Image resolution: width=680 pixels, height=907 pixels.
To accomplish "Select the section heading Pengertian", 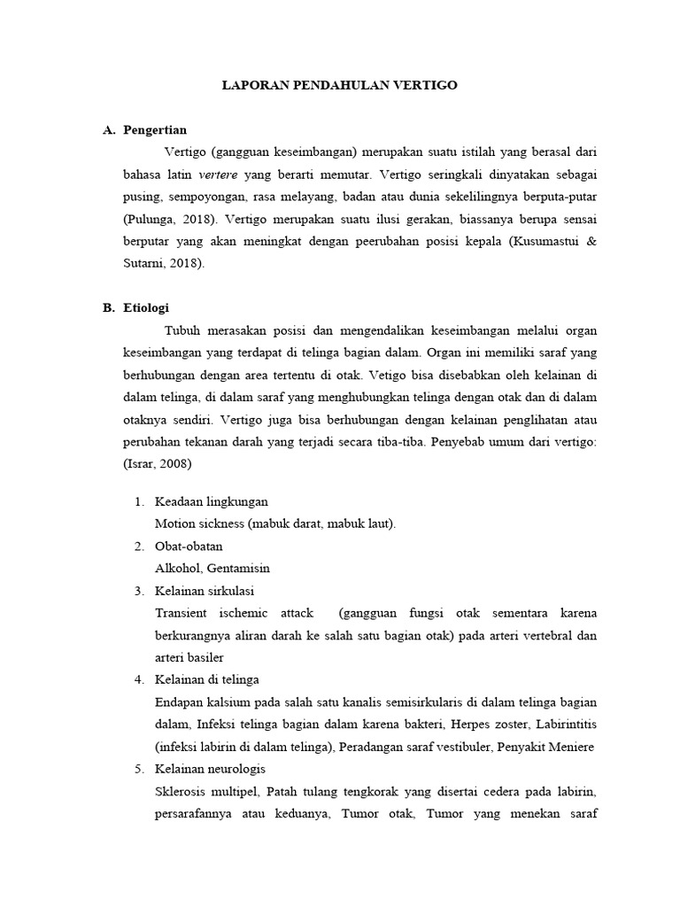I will tap(156, 130).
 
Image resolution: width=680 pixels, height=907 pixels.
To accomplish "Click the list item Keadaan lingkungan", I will tap(211, 502).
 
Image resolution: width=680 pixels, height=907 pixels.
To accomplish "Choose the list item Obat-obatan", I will tap(188, 547).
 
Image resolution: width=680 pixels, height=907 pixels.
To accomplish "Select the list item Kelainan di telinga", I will tap(206, 679).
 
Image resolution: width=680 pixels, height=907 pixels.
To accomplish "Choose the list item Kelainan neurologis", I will tap(210, 768).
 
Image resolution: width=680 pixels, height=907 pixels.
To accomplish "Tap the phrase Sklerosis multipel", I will tap(206, 790).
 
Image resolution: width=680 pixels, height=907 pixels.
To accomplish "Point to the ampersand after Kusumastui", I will tap(592, 241).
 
